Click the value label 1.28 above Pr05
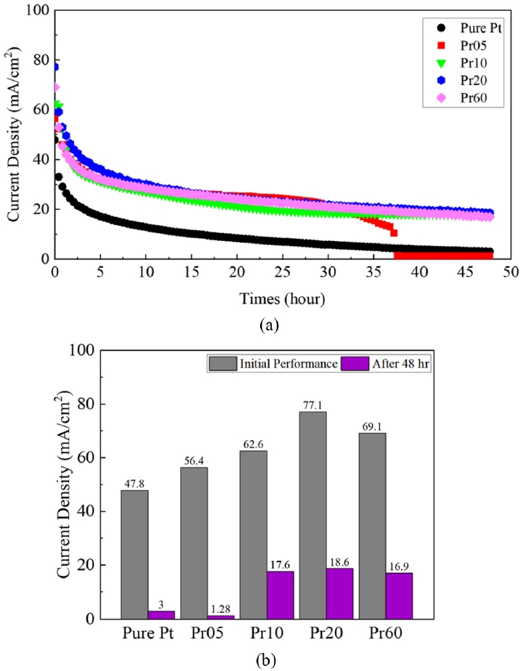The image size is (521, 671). (222, 609)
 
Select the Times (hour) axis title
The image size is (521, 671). (282, 298)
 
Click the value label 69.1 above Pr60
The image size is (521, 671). (371, 427)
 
